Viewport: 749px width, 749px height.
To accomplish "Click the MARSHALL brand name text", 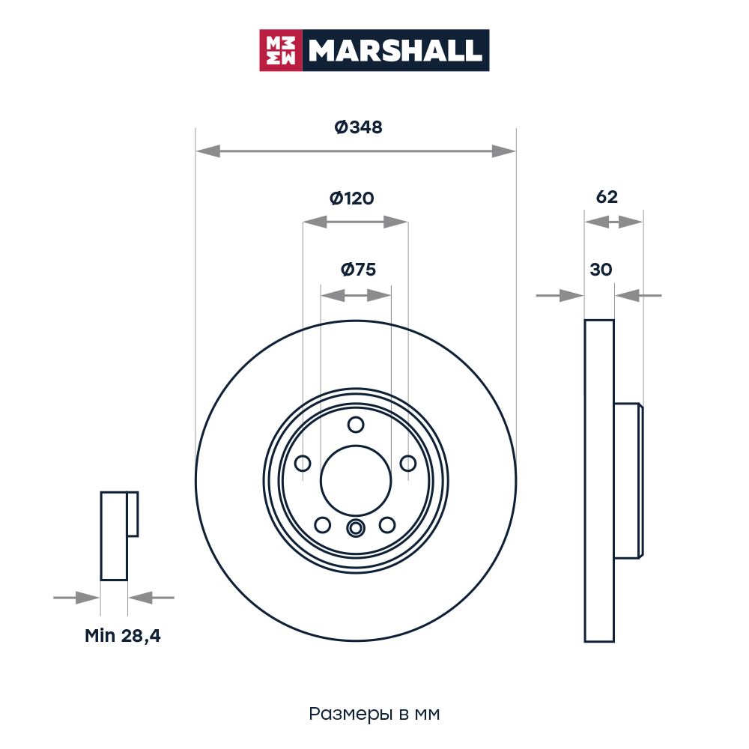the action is (x=395, y=50).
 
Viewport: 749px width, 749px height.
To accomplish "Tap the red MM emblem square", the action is (x=281, y=50).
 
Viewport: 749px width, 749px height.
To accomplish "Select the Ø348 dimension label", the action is (x=358, y=127).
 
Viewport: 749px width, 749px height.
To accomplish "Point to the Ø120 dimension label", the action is (x=352, y=198).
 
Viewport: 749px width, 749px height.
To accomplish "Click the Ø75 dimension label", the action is (x=358, y=270).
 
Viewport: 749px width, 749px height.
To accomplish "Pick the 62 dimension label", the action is (x=607, y=197).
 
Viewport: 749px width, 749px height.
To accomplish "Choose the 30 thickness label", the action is (x=601, y=270).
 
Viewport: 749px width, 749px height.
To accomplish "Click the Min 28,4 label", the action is (x=123, y=636).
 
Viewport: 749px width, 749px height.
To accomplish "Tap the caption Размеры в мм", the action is (x=374, y=714).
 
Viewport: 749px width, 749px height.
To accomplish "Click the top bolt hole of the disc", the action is (x=356, y=424).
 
